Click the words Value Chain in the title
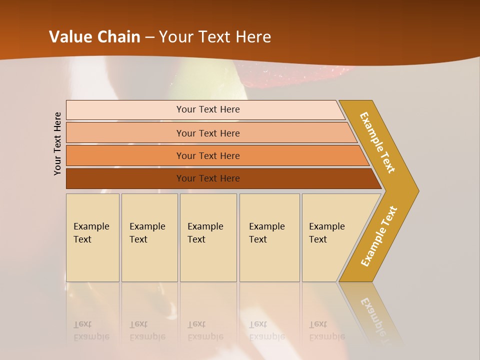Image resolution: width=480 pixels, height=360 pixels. point(94,36)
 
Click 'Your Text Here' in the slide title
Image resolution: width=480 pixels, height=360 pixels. point(215,36)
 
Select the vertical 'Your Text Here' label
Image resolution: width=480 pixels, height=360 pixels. point(57,144)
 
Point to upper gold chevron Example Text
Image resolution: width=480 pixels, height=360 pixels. point(377,142)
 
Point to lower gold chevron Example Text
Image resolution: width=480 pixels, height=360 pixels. point(379,236)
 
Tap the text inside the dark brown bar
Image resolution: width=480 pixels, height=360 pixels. point(208,178)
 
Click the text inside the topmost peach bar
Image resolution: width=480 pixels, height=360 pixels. point(208,109)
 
